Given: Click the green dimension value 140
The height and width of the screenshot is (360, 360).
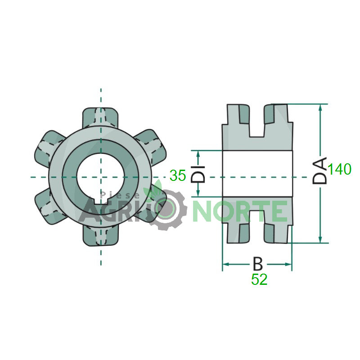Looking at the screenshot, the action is point(339,169).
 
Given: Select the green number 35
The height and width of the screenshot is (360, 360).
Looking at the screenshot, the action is point(178,175).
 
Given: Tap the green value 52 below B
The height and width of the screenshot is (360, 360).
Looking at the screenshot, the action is point(259,279).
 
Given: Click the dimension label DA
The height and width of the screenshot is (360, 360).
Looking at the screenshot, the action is point(319,171).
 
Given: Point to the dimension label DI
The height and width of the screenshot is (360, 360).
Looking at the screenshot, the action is point(198,174).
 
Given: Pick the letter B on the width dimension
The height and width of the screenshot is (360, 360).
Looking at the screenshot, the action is point(257,264).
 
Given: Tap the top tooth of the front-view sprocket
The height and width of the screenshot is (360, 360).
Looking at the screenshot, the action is point(100,117).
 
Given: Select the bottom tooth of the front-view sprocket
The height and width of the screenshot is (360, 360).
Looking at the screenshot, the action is point(100,236).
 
